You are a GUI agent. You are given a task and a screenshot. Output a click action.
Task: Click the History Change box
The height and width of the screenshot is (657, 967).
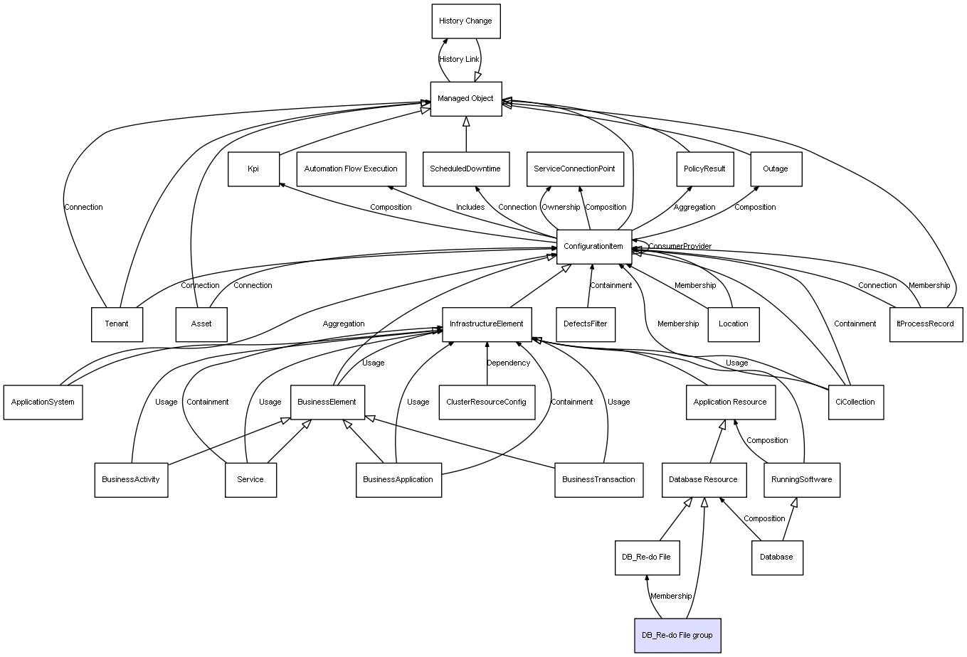[465, 21]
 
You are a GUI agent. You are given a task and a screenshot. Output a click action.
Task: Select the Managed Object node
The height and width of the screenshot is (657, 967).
[465, 99]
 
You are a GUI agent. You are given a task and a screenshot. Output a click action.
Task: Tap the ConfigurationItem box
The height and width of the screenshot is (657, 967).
[593, 247]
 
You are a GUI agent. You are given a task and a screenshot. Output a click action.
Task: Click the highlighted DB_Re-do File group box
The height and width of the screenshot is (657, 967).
[677, 635]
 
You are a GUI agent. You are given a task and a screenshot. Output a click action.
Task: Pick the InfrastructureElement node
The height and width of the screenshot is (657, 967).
[486, 324]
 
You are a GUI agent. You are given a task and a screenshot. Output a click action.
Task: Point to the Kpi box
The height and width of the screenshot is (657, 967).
[253, 169]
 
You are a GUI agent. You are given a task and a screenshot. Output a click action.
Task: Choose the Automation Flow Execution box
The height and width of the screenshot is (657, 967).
[351, 169]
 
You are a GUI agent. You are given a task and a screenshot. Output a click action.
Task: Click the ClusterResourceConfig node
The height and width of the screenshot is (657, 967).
[486, 402]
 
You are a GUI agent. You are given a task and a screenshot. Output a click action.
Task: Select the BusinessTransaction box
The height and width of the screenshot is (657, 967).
[598, 479]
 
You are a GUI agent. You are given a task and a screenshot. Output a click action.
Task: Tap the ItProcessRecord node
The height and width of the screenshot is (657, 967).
[925, 324]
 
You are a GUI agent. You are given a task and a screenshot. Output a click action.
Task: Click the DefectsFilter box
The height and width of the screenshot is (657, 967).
[585, 324]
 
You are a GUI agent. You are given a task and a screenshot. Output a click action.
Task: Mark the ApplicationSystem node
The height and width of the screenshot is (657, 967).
[43, 402]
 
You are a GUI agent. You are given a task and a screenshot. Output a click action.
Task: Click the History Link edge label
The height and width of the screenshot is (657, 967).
[459, 60]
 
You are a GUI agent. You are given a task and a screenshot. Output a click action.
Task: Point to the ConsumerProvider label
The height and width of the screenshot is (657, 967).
[680, 247]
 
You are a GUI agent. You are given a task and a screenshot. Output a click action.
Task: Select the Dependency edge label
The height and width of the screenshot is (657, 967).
[508, 363]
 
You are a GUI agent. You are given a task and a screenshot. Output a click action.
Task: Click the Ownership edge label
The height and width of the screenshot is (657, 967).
[561, 208]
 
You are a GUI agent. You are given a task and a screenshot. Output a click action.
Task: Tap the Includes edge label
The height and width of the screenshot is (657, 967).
[470, 208]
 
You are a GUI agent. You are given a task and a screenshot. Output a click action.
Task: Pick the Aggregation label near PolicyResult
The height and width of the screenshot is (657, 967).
[694, 208]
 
